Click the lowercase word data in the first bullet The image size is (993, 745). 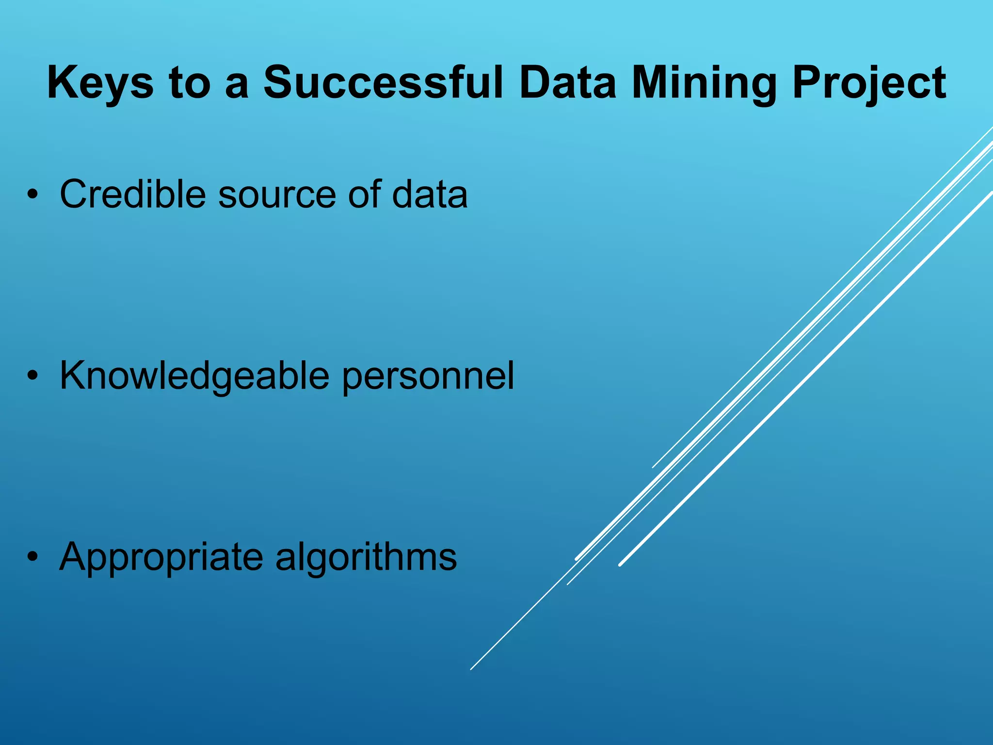(x=430, y=194)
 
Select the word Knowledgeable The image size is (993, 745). (x=194, y=376)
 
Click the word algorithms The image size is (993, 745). (x=366, y=557)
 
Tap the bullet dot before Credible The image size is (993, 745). (x=32, y=195)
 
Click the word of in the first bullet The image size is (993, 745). (x=363, y=194)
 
